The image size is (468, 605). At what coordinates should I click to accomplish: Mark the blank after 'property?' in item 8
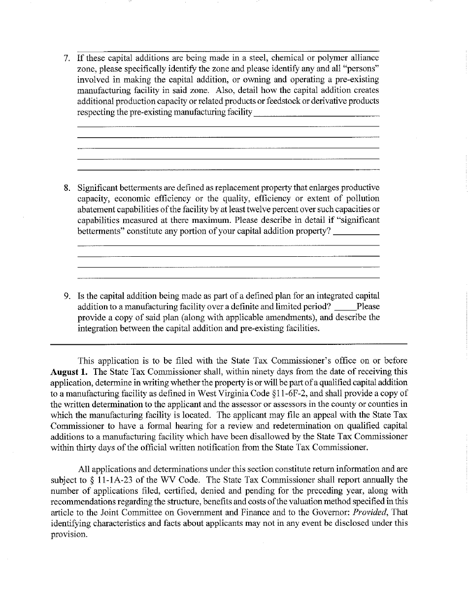point(356,232)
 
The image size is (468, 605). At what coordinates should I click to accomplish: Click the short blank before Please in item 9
point(345,308)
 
